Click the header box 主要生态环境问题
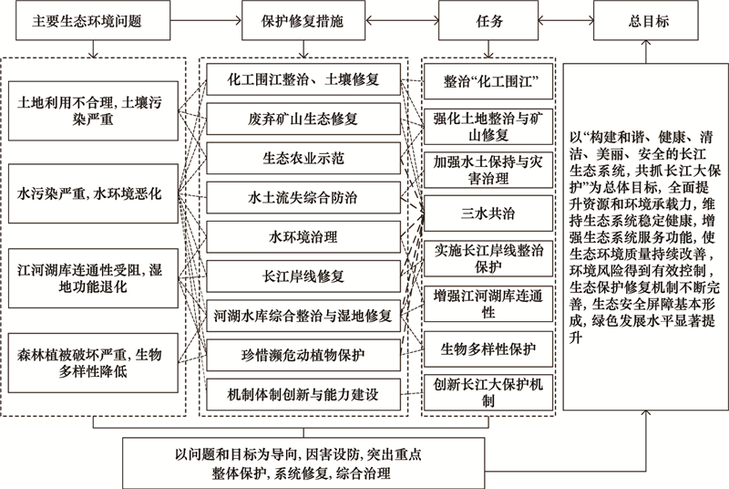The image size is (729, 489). click(93, 20)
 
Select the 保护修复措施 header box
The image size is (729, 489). click(303, 20)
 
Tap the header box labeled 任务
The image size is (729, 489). click(488, 20)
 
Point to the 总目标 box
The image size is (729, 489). click(646, 20)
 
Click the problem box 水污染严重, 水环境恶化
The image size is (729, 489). click(93, 193)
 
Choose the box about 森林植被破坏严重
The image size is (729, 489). click(93, 363)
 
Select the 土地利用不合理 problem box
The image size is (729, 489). click(93, 110)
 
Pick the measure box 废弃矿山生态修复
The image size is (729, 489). click(303, 120)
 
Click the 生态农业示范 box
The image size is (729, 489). click(303, 158)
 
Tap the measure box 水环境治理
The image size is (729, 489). click(303, 237)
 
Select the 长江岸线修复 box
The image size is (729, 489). click(303, 276)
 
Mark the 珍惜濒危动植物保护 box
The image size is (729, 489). click(303, 356)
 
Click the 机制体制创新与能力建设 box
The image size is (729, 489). click(303, 394)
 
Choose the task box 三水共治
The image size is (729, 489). click(488, 213)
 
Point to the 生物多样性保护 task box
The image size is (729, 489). click(488, 349)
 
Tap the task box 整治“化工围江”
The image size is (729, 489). click(488, 81)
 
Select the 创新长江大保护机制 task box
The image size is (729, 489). click(488, 392)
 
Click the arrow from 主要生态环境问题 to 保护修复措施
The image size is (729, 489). click(206, 20)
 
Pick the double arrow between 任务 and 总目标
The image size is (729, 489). click(566, 20)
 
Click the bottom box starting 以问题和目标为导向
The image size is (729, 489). click(303, 463)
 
